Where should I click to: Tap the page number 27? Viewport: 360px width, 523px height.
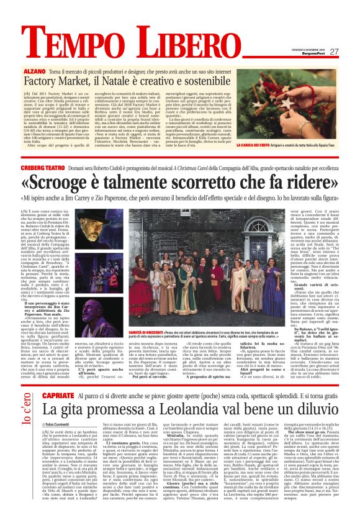coord(334,52)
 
